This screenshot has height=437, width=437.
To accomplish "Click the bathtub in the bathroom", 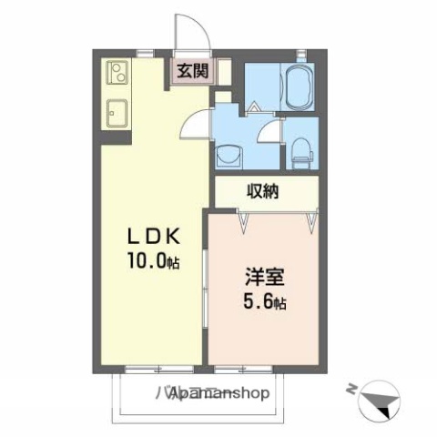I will [x=297, y=87].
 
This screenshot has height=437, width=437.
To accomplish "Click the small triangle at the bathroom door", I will [x=255, y=107].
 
